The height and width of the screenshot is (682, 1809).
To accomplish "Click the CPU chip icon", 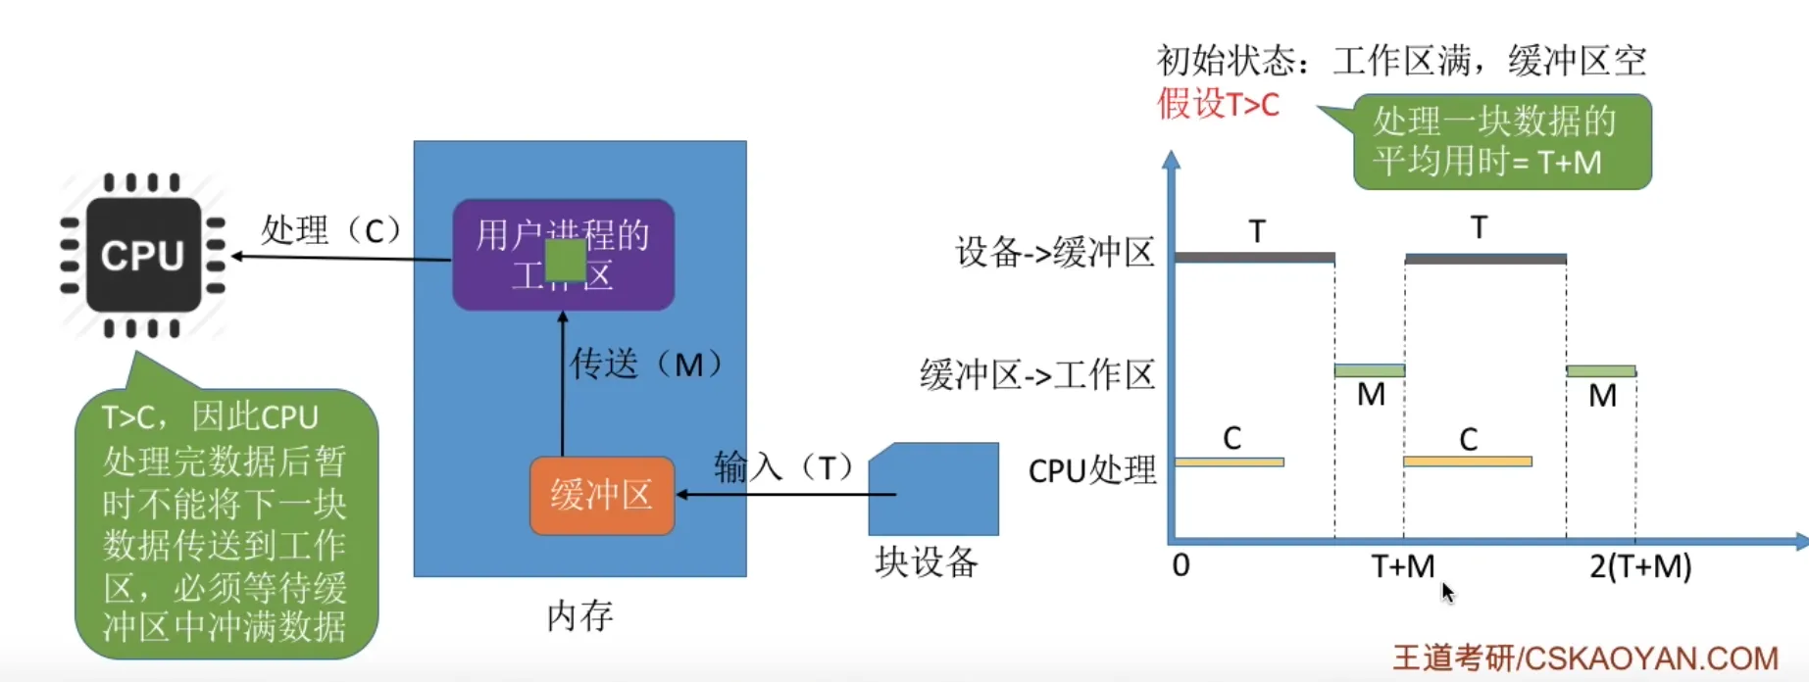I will click(x=143, y=256).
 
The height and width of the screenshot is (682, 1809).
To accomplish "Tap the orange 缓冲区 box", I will click(x=601, y=496).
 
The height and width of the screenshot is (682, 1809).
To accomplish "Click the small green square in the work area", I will click(x=565, y=261).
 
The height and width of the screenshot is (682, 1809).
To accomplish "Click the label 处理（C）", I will click(x=331, y=230).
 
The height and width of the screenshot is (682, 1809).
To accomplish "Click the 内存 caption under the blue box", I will click(x=579, y=615).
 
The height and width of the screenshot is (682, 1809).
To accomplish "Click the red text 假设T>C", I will click(x=1218, y=104).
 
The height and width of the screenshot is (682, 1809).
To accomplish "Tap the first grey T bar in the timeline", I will click(x=1254, y=258).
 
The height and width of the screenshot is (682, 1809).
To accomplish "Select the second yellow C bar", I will click(x=1467, y=462).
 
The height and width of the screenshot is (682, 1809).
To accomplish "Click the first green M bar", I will click(x=1369, y=370).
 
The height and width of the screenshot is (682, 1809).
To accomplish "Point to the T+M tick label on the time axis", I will click(x=1402, y=566).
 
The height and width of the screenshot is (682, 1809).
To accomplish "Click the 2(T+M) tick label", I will click(x=1640, y=566).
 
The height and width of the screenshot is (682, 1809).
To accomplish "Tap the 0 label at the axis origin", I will click(x=1181, y=565).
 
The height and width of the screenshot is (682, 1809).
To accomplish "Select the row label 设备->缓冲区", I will click(x=1055, y=253).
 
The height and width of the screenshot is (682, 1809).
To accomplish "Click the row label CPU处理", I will click(x=1092, y=470).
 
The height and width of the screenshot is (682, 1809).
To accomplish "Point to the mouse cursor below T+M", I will click(x=1447, y=592).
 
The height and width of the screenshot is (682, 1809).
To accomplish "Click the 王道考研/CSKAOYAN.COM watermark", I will click(x=1585, y=658).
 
